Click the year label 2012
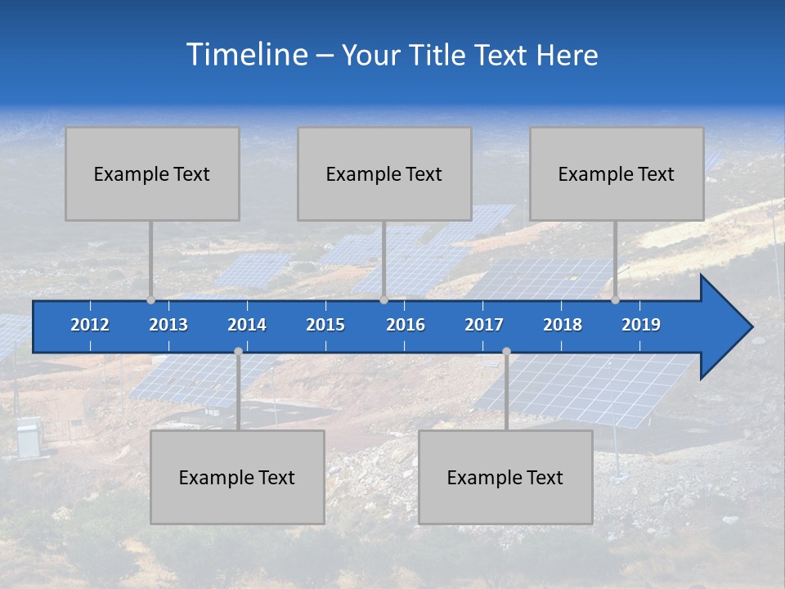tap(90, 325)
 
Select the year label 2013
tap(168, 325)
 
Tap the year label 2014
tap(247, 325)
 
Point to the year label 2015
tap(325, 325)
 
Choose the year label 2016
tap(406, 325)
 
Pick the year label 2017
tap(484, 325)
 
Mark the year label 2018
tap(563, 325)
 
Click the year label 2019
tap(641, 325)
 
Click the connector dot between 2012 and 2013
tap(151, 300)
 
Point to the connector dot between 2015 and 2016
tap(384, 300)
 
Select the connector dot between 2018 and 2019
tap(616, 300)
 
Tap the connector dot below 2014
tap(238, 352)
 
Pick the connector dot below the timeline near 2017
tap(506, 352)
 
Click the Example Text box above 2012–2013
tap(152, 173)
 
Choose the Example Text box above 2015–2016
tap(384, 173)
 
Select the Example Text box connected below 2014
tap(237, 477)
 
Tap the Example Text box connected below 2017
tap(505, 477)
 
